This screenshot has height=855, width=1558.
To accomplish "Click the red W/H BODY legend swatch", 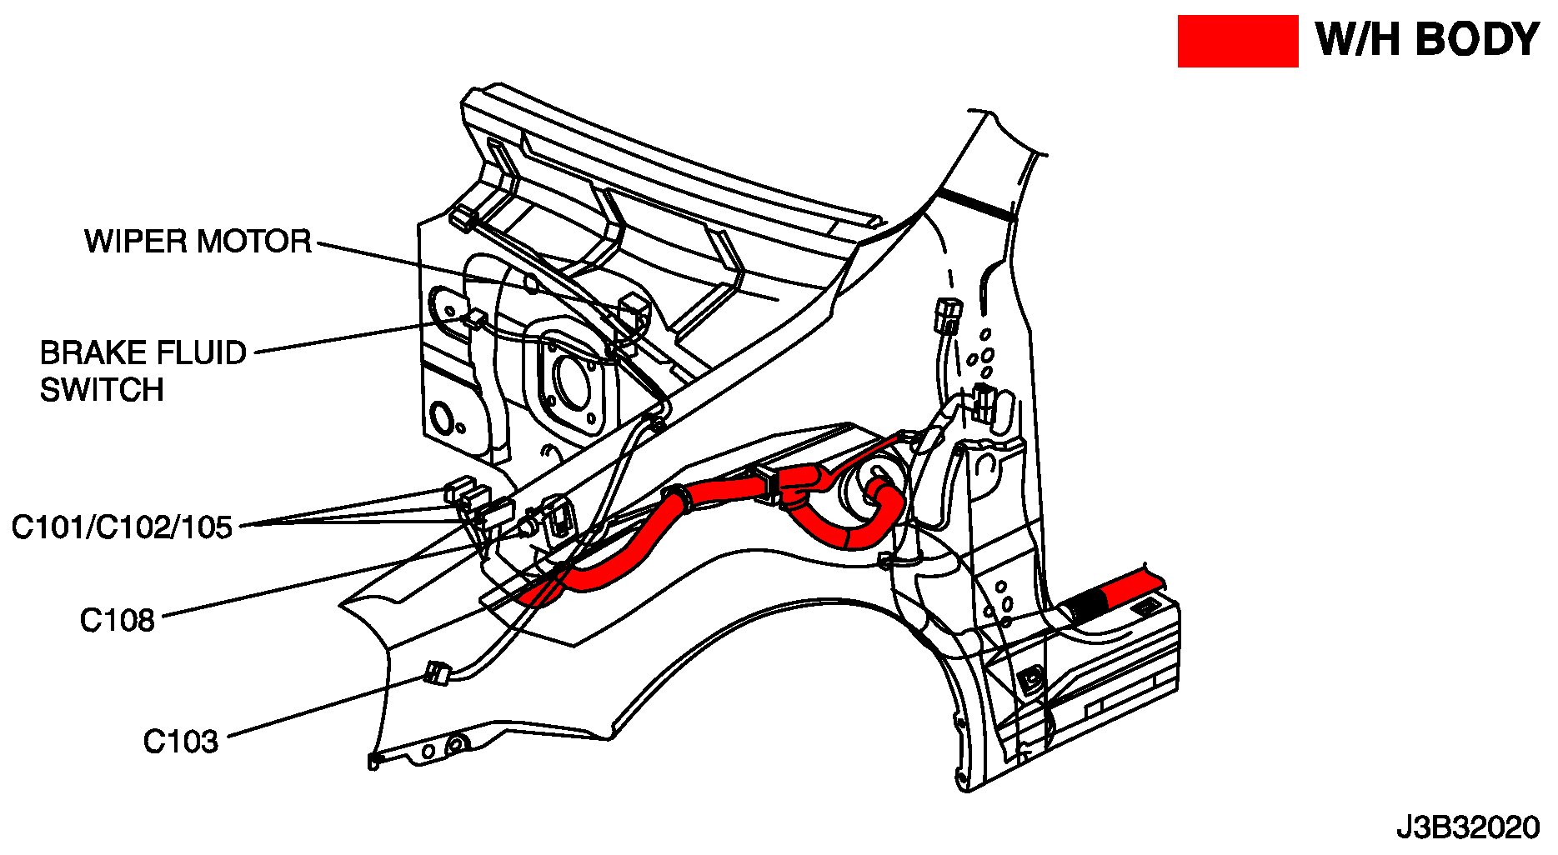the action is [1237, 41].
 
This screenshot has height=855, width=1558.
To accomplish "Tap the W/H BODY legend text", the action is [1426, 40].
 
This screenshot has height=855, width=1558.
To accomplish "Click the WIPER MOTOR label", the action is [198, 242].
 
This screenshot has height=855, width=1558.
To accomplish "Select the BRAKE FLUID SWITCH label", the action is [143, 371].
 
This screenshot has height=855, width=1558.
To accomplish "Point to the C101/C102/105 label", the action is [122, 527].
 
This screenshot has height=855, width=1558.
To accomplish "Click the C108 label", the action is [118, 620].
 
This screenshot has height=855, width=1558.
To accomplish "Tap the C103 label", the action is [180, 741].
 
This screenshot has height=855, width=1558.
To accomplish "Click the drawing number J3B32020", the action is [1468, 827].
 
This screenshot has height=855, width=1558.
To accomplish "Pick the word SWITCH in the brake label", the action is [102, 390].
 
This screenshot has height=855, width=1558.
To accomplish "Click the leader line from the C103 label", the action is [325, 707].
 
